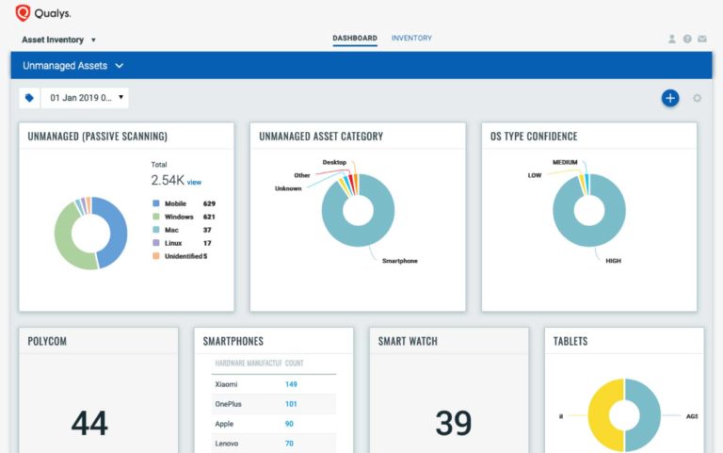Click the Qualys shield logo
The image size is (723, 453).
coord(23,13)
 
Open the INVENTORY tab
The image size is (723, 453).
coord(411,39)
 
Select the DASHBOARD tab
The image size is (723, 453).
coord(355,39)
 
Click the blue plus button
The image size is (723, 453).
coord(670,98)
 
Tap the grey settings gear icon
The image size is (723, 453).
coord(698,98)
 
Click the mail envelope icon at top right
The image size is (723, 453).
coord(702,40)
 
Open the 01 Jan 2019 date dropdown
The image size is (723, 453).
coord(85,97)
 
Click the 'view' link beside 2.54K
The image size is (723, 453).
coord(195,182)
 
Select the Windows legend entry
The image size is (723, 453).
coord(179,217)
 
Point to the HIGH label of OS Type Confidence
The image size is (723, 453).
coord(614,261)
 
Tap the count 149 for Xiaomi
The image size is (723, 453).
coord(291,384)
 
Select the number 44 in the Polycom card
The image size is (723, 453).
coord(89,423)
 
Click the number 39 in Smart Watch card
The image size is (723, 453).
coord(453,423)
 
